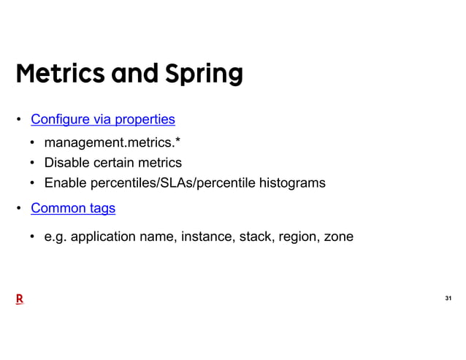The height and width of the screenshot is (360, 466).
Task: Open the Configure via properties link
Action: pos(102,119)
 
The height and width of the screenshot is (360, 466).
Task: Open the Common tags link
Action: pos(73,209)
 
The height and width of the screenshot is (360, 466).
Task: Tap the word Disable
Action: pos(68,163)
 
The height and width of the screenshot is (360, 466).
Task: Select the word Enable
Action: pos(66,183)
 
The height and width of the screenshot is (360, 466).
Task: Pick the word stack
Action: pos(256,237)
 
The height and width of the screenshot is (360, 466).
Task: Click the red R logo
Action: pos(20,299)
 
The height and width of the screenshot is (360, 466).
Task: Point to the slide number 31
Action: pos(448,299)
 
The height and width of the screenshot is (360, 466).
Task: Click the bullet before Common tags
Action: pos(20,210)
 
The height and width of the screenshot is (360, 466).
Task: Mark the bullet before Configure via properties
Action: pos(20,120)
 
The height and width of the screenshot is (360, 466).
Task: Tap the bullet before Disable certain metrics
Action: pos(34,163)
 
